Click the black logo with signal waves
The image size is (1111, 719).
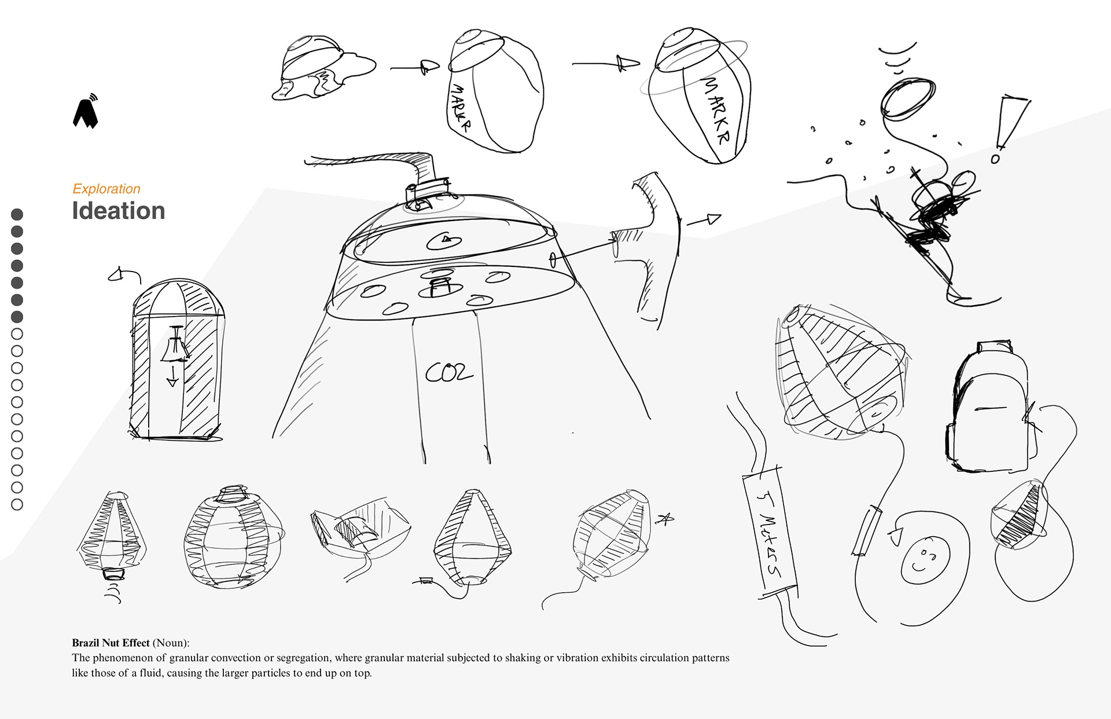[86, 111]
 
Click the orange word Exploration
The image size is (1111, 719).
[106, 189]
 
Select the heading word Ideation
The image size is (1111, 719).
[119, 211]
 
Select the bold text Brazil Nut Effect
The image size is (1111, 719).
[111, 643]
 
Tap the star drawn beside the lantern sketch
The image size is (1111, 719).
[665, 519]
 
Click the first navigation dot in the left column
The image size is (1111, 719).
[17, 215]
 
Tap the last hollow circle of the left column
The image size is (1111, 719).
[17, 505]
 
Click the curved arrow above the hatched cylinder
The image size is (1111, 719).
[124, 275]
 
